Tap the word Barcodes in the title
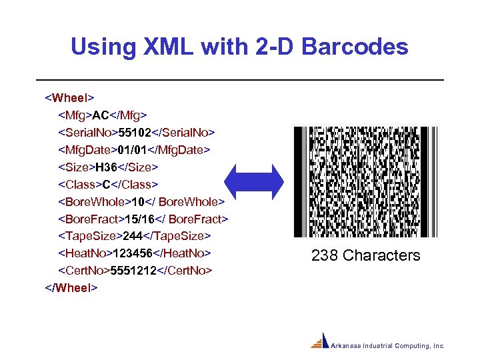[x=356, y=47]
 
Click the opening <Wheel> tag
[x=69, y=98]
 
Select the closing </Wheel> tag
[x=71, y=287]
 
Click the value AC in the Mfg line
[x=100, y=115]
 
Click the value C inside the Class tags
[x=106, y=184]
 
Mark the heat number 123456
[x=133, y=253]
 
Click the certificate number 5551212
[x=133, y=271]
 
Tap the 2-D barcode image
[x=365, y=181]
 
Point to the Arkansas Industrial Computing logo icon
[x=321, y=341]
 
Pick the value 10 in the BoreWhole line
[x=139, y=201]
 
